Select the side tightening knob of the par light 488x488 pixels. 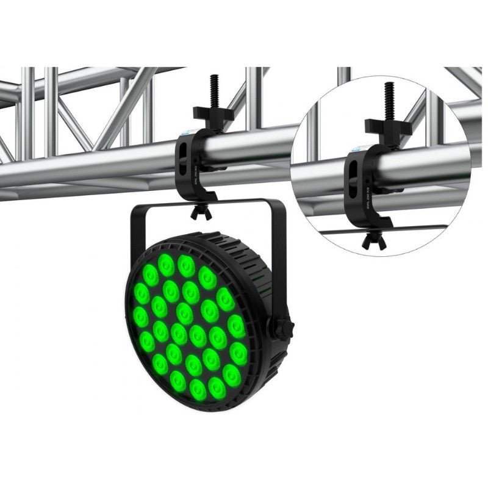282,328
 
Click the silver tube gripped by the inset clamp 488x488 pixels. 427,162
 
